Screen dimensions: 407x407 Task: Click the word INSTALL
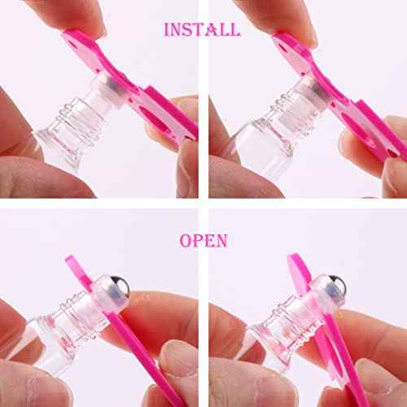(x=202, y=29)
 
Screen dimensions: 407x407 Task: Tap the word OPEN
(x=203, y=241)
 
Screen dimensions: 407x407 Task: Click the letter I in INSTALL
(x=167, y=29)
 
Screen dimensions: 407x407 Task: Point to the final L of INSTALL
(x=235, y=29)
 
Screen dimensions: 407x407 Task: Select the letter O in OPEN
(x=185, y=241)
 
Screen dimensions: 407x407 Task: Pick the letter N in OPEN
(x=221, y=241)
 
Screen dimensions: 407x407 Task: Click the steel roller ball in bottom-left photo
(x=119, y=285)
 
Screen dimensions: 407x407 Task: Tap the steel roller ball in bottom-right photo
(x=336, y=285)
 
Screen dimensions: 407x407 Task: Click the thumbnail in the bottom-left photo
(x=175, y=358)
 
